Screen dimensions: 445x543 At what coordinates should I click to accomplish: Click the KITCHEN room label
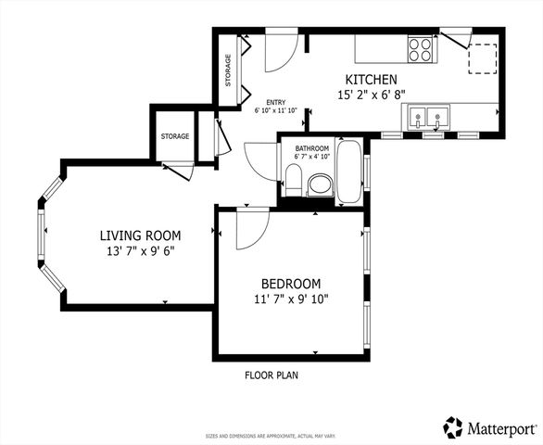click(372, 80)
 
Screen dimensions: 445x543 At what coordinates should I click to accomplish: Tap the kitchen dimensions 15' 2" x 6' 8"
click(372, 95)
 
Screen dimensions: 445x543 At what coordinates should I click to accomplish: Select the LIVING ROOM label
click(140, 235)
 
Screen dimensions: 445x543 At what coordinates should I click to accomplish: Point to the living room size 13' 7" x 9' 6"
click(140, 250)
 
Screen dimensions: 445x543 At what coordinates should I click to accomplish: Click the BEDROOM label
click(291, 284)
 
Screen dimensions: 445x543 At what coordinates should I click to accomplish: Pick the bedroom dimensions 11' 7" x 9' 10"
click(291, 299)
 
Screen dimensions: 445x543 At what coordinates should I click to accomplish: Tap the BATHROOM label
click(311, 148)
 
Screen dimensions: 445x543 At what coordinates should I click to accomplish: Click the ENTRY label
click(275, 103)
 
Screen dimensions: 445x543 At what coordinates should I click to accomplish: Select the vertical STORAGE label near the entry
click(229, 70)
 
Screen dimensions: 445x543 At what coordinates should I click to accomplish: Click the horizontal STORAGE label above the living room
click(174, 136)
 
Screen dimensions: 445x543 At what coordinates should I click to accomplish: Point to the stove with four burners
click(420, 48)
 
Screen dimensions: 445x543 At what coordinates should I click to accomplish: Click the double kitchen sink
click(429, 118)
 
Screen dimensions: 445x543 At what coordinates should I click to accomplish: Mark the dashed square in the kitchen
click(482, 57)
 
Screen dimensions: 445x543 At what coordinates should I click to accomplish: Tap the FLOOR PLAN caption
click(271, 375)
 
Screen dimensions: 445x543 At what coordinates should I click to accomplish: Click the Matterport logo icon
click(453, 427)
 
